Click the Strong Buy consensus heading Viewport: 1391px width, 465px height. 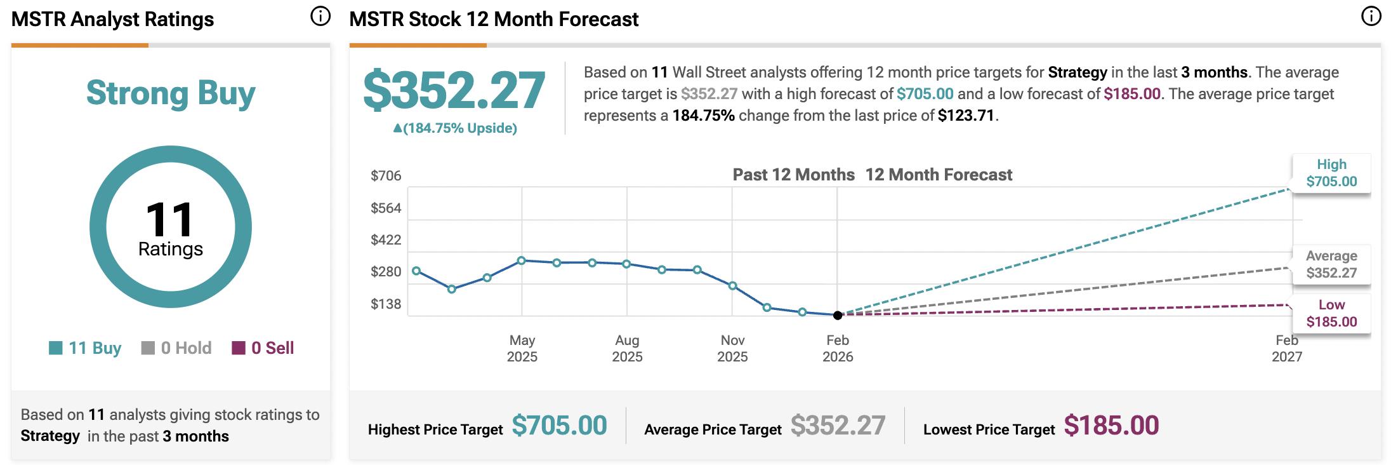point(171,93)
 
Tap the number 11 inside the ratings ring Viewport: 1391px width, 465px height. point(169,220)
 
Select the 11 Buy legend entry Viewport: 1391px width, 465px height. point(85,348)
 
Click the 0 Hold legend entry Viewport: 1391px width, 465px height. point(176,348)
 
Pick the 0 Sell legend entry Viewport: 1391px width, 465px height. point(263,348)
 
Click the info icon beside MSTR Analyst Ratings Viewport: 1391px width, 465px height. point(320,17)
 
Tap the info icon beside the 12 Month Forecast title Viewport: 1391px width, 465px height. point(1371,17)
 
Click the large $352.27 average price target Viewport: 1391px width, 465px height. point(454,90)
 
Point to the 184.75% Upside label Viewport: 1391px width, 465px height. point(455,128)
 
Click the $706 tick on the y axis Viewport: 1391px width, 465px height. point(386,175)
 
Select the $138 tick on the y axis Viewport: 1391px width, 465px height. point(386,304)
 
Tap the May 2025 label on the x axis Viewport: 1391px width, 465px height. point(522,348)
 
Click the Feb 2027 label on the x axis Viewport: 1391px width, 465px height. point(1286,348)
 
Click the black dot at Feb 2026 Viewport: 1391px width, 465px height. point(838,315)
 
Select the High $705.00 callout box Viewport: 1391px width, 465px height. point(1331,173)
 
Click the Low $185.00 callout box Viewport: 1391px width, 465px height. point(1331,313)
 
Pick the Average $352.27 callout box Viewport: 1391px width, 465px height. point(1331,264)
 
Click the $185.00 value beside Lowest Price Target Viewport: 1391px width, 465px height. point(1111,426)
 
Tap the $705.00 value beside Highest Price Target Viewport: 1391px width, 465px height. point(559,426)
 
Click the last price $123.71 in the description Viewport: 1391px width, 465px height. point(966,116)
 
